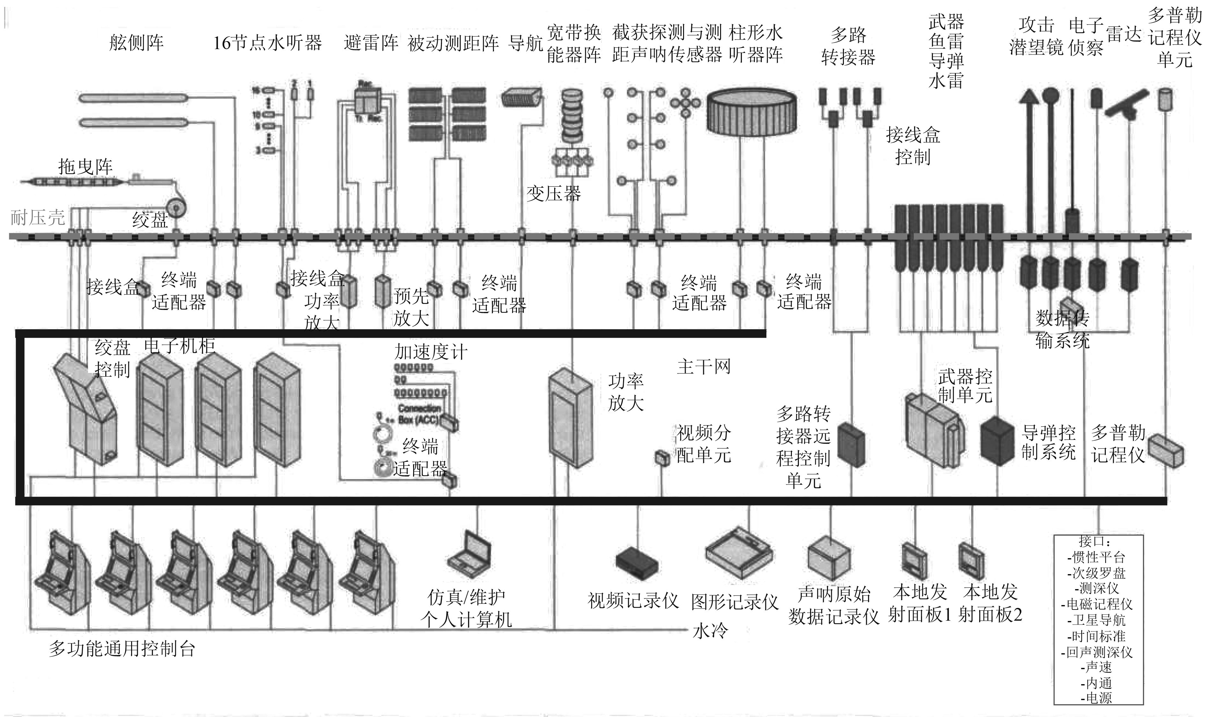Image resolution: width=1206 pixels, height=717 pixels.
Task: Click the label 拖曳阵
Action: (85, 167)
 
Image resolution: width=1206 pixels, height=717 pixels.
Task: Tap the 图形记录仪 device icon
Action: (738, 553)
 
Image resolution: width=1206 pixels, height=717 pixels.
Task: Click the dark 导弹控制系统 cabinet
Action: (997, 440)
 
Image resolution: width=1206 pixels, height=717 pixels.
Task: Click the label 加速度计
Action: (430, 352)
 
